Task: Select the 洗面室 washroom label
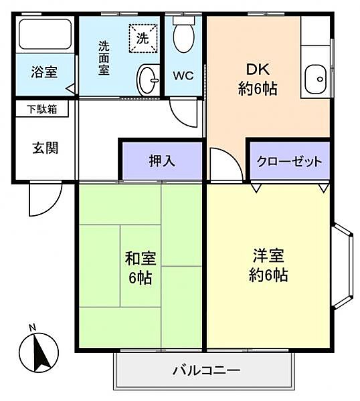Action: pyautogui.click(x=104, y=58)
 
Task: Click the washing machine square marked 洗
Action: pyautogui.click(x=143, y=37)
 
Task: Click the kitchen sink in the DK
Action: pyautogui.click(x=314, y=80)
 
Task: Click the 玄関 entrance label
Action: pyautogui.click(x=44, y=148)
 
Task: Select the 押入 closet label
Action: pyautogui.click(x=161, y=162)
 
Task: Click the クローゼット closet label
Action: pyautogui.click(x=290, y=162)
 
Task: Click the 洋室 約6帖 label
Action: pyautogui.click(x=270, y=265)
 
